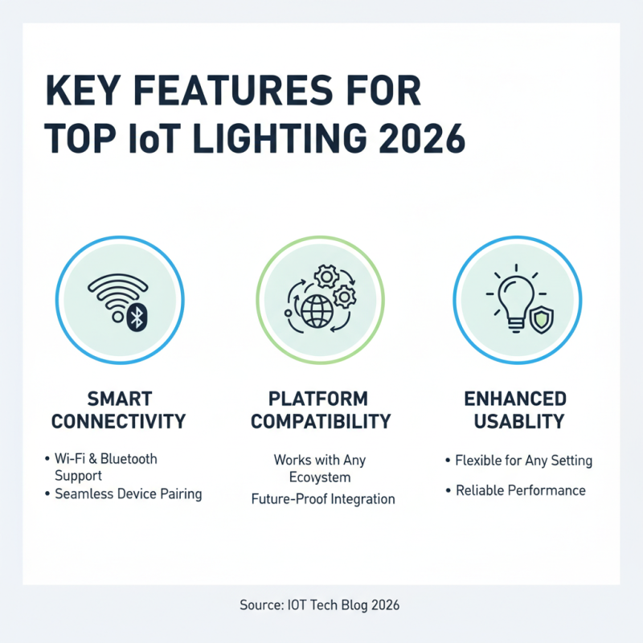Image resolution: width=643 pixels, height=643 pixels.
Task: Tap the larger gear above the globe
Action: (x=327, y=277)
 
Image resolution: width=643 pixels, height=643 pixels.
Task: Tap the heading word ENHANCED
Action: (x=517, y=399)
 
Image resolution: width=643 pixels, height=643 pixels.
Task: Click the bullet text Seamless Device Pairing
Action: (x=128, y=494)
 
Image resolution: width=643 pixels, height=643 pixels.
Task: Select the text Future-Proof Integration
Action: (x=321, y=498)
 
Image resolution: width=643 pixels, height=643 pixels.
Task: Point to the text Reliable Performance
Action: (x=520, y=489)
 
